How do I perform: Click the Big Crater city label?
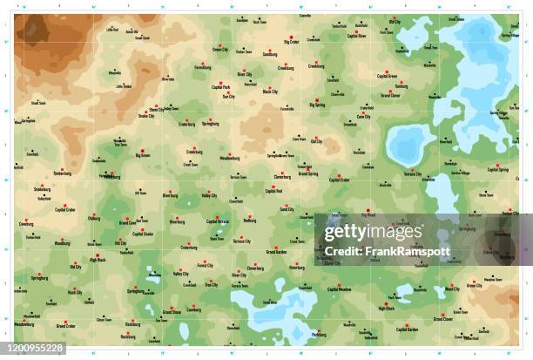292,41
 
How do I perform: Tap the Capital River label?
357,37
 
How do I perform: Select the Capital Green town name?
387,76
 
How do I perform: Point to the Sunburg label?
401,87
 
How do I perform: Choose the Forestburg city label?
203,67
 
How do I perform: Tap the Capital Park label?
221,87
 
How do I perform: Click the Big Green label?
143,156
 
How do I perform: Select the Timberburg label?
62,173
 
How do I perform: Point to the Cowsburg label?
26,224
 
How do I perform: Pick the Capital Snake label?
144,234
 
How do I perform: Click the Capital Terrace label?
217,222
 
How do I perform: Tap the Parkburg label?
319,334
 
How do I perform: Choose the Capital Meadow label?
340,289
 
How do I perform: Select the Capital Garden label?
408,330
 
